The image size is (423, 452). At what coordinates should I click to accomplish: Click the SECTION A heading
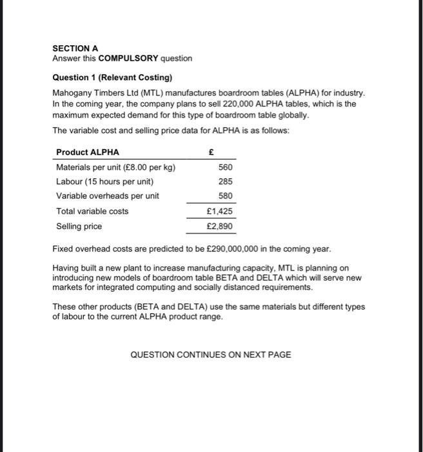point(75,48)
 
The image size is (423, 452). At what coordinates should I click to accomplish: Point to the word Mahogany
point(71,93)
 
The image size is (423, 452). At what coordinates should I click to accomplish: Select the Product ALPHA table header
point(88,152)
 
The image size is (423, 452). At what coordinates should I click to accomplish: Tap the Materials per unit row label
point(116,167)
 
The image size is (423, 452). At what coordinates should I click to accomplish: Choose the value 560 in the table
point(226,167)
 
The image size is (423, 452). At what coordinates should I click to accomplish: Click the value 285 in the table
point(226,181)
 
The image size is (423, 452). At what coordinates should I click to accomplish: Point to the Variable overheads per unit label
point(108,196)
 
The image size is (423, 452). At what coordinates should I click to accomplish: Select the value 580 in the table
point(226,196)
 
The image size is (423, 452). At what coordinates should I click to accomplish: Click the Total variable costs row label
point(92,211)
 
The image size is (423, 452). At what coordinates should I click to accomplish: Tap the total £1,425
point(220,211)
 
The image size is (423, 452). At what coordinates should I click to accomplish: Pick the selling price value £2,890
point(220,227)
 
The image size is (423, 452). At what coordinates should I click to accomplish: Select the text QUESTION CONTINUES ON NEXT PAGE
point(211,354)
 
